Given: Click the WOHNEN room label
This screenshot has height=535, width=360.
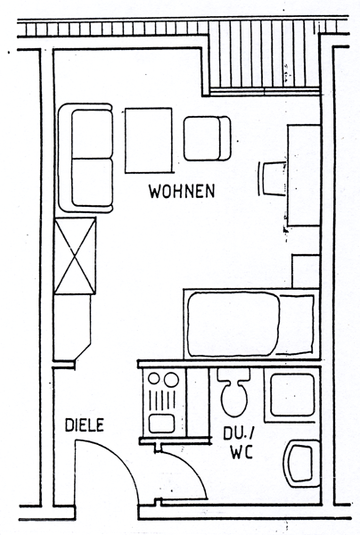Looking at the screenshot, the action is tap(182, 191).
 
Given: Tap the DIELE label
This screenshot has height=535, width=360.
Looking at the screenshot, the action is tap(85, 425).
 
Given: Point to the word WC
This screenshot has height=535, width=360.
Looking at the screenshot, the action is tap(241, 452).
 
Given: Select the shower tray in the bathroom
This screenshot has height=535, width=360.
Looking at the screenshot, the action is tap(292, 394).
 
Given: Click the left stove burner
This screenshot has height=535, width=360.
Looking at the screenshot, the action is tap(154, 378).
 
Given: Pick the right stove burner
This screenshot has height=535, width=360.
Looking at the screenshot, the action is tap(171, 380).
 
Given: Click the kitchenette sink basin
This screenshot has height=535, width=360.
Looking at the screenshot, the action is tap(162, 423).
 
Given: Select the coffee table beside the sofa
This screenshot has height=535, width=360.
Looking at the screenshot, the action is tap(148, 141).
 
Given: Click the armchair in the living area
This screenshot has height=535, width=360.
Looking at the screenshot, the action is tap(207, 138).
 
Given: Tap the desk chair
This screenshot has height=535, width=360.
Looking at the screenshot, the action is tap(272, 178).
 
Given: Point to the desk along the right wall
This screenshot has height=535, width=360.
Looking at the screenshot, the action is tap(304, 176).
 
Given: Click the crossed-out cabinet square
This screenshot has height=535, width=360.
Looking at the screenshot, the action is tap(75, 256).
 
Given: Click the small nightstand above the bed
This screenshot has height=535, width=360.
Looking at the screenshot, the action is tap(306, 271).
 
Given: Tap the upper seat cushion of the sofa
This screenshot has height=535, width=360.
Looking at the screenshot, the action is tap(92, 134).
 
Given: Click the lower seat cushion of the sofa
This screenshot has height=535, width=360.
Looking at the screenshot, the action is tap(92, 182).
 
